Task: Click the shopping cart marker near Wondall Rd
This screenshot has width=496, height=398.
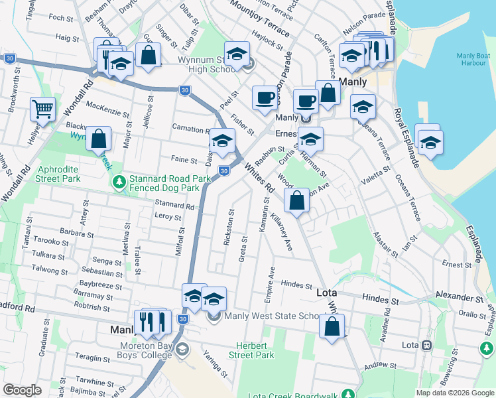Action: coord(43,109)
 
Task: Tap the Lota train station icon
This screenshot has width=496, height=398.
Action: coord(426,345)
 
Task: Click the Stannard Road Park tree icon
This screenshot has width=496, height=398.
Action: coord(119,181)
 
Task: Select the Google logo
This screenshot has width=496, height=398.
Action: coord(22,390)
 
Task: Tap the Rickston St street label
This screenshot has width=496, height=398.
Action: coord(229,228)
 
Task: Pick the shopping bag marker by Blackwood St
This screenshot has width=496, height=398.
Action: coord(98,139)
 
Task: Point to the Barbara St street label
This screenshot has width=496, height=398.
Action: coord(76,233)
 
